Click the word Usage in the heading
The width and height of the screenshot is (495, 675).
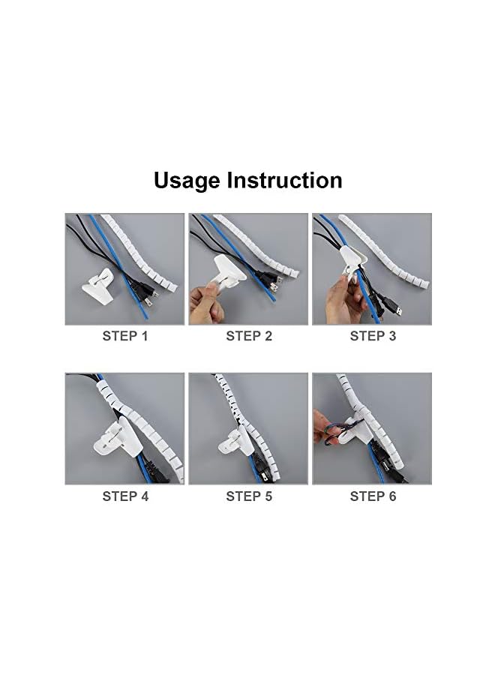click(x=187, y=181)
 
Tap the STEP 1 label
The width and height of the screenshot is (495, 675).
click(x=124, y=336)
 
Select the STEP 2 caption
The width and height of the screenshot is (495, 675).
click(x=249, y=336)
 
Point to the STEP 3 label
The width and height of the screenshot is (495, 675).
click(x=373, y=336)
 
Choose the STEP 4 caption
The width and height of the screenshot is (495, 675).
click(x=125, y=496)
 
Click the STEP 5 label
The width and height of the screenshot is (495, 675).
click(x=249, y=496)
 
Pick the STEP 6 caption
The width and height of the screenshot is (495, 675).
click(x=373, y=496)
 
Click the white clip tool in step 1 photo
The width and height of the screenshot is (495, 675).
click(x=98, y=284)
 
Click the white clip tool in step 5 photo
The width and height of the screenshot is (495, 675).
click(x=234, y=439)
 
